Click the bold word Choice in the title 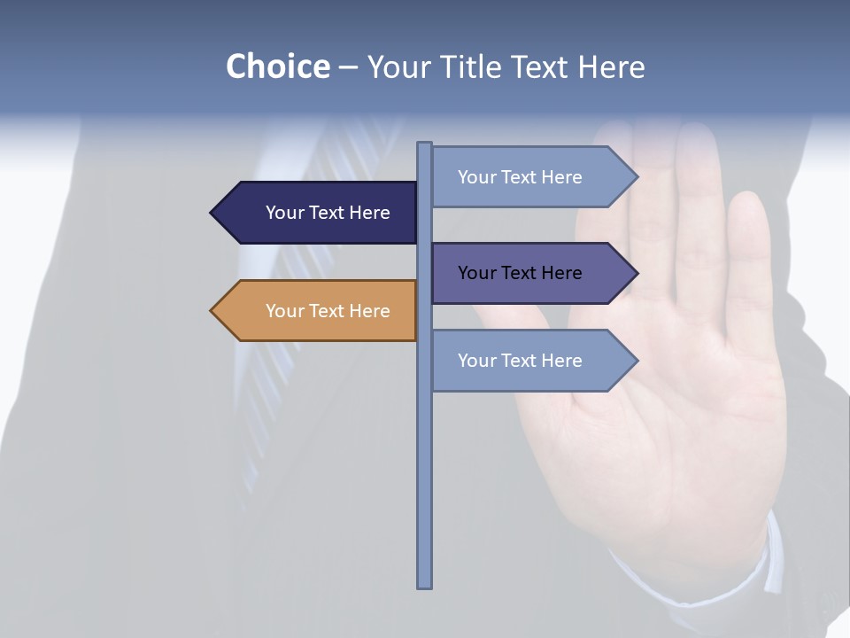point(277,66)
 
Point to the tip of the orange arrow point(212,311)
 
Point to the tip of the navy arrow point(212,213)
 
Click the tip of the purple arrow point(636,273)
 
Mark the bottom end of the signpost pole point(425,586)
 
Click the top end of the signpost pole point(425,144)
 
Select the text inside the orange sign point(328,311)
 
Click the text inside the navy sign point(328,213)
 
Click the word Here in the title point(611,66)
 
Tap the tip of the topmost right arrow point(636,177)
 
